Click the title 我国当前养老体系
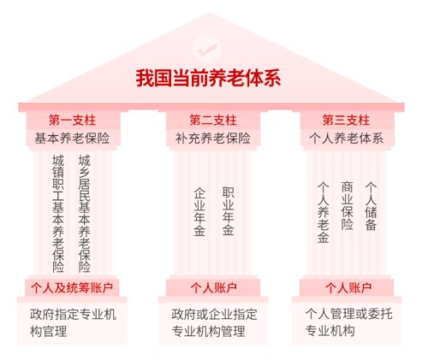pos(208,78)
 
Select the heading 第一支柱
pos(72,120)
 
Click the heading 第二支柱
pos(213,120)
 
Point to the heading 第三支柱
pos(346,120)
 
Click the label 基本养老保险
pos(72,139)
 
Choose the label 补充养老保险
pos(213,139)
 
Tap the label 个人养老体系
pos(347,139)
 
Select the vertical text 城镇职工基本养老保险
pos(58,214)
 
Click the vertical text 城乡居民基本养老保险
pos(85,214)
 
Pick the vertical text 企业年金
pos(199,212)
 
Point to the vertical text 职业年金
pos(229,211)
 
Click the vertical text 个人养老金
pos(324,212)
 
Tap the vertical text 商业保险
pos(348,205)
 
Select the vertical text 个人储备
pos(371,206)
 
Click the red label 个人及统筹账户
pos(72,288)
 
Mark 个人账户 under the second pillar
pos(214,288)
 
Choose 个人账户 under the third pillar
pos(348,288)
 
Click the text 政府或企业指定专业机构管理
pos(214,322)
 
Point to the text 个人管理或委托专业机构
pos(348,322)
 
